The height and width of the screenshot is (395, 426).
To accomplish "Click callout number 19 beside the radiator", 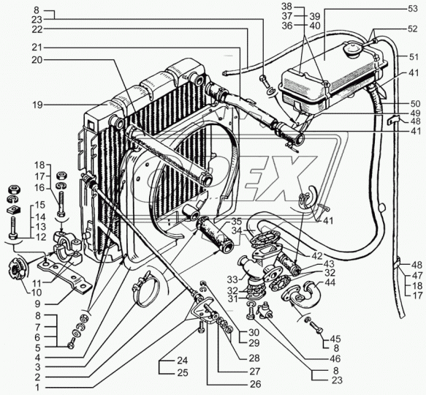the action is [37, 105].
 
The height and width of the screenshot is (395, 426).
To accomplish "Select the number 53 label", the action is [412, 9].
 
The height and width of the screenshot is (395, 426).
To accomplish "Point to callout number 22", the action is [37, 29].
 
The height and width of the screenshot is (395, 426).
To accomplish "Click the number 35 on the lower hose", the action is [236, 221].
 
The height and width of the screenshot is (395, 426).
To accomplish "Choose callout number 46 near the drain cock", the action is [335, 359].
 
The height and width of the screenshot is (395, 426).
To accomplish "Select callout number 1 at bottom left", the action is [37, 387].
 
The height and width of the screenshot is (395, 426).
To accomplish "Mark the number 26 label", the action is [254, 384].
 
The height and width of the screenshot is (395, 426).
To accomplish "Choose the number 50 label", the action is [415, 103].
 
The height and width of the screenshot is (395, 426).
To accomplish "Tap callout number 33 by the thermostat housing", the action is [232, 279].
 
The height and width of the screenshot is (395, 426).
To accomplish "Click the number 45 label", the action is [335, 339].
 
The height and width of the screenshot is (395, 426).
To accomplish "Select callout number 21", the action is [37, 48].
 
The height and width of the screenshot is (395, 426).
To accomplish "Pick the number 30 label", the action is [254, 332].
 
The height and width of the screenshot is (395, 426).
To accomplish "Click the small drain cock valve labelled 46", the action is [265, 311].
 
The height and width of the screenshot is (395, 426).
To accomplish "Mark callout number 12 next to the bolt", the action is [41, 238].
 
